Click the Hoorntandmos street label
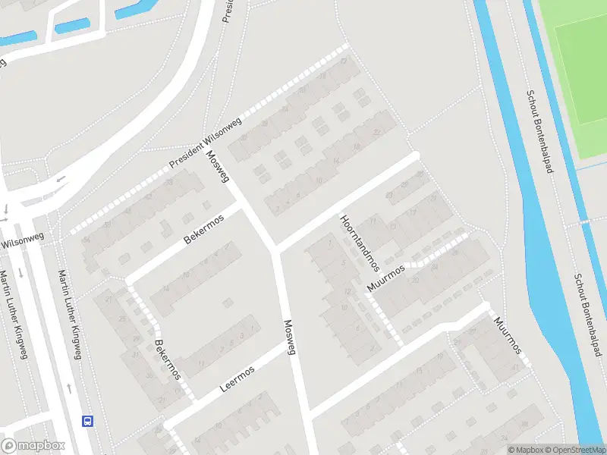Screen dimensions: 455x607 coord(359,242)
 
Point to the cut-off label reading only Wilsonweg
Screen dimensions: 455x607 coord(22,242)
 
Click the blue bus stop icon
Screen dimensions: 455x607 coord(88,421)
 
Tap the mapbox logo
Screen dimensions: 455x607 coord(33,446)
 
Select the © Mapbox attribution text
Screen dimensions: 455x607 coord(526,450)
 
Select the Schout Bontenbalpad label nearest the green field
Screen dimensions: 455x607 coord(539,132)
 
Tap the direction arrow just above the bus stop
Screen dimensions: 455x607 coord(70,388)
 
